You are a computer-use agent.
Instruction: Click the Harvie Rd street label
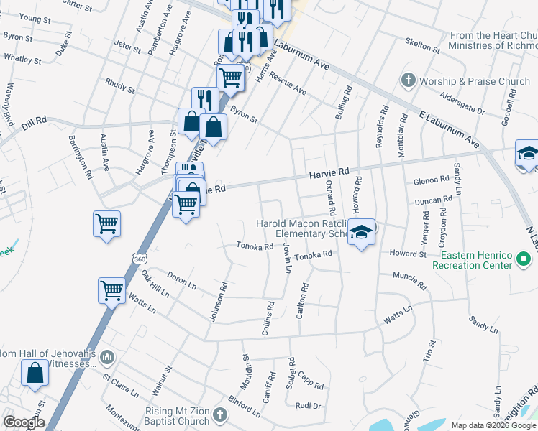click(329, 173)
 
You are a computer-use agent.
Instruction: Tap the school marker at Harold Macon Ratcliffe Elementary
click(361, 232)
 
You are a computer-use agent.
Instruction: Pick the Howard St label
click(409, 254)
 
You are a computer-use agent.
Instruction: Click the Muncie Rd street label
click(409, 276)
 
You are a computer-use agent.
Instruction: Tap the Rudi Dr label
click(307, 406)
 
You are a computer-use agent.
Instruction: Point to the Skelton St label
click(422, 46)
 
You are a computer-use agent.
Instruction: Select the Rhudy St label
click(120, 87)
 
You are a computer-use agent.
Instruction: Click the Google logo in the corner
click(24, 422)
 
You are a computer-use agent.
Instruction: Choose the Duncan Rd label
click(438, 199)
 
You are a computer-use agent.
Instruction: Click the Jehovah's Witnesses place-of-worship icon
click(107, 357)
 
